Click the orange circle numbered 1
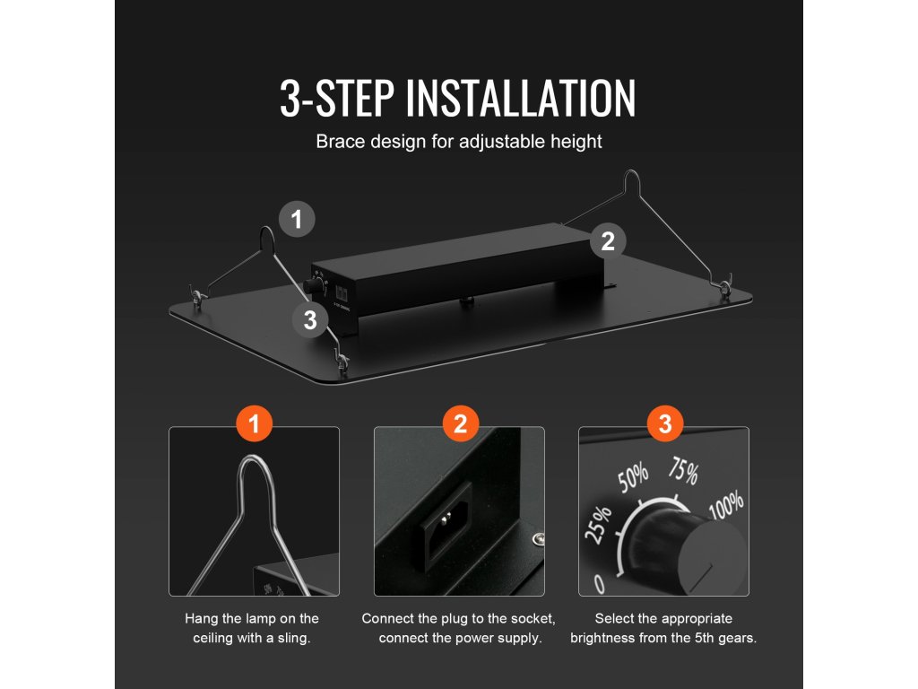point(254,423)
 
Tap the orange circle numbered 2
point(460,423)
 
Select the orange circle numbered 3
point(665,423)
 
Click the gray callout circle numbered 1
point(297,220)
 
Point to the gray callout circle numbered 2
point(608,240)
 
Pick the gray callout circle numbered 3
point(310,320)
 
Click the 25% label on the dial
point(598,525)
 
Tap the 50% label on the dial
point(634,477)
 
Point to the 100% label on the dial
point(726,504)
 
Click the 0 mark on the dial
point(599,583)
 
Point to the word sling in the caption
point(294,638)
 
